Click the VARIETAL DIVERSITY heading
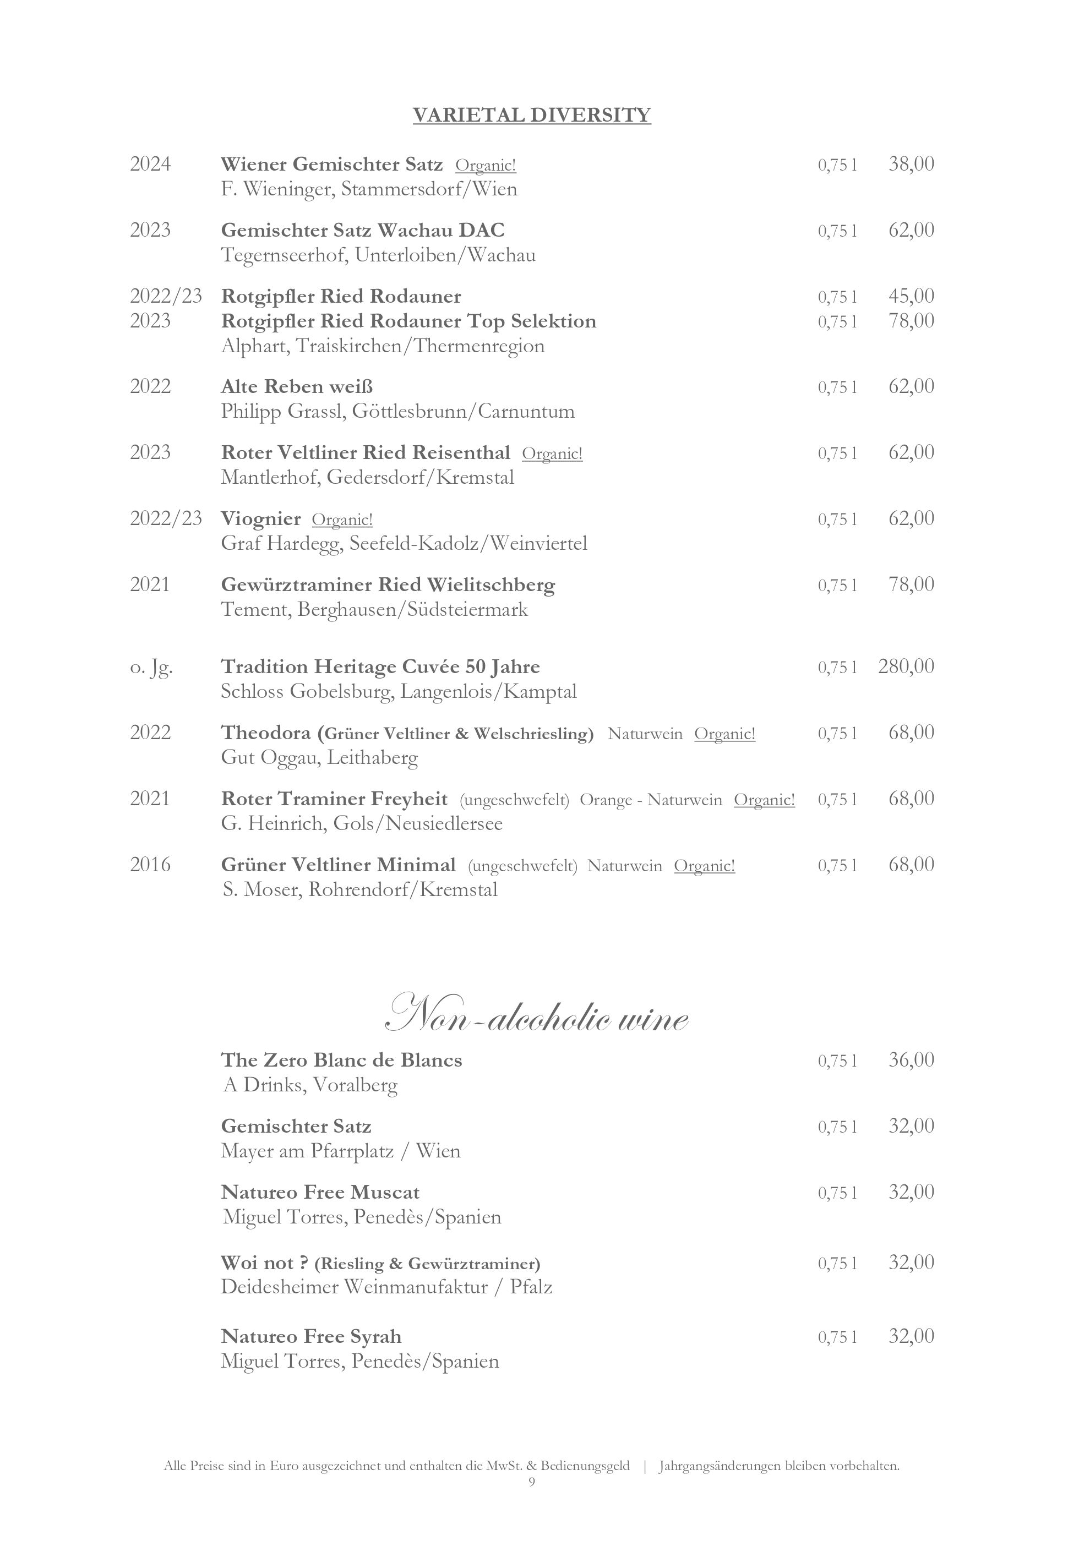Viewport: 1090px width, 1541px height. tap(532, 116)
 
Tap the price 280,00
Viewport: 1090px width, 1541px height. tap(906, 666)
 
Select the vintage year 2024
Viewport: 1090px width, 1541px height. tap(150, 165)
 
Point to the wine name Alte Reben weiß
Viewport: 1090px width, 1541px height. tap(297, 386)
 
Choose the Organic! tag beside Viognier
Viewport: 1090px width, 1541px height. tap(342, 520)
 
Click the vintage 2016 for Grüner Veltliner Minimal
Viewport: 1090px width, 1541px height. tap(150, 865)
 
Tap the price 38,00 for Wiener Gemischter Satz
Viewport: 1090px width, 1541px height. tap(911, 164)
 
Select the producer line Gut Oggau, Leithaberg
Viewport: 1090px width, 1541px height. tap(319, 758)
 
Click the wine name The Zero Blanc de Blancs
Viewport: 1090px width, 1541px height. tap(342, 1060)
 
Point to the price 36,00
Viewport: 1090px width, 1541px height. tap(911, 1060)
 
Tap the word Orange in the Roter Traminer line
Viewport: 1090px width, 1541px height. tap(606, 800)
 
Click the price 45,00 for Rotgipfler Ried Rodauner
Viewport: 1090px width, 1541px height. tap(911, 296)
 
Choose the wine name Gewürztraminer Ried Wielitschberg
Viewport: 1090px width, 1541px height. tap(388, 584)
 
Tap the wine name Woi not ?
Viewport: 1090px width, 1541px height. tap(264, 1263)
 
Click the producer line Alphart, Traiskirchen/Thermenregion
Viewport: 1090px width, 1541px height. tap(383, 346)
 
